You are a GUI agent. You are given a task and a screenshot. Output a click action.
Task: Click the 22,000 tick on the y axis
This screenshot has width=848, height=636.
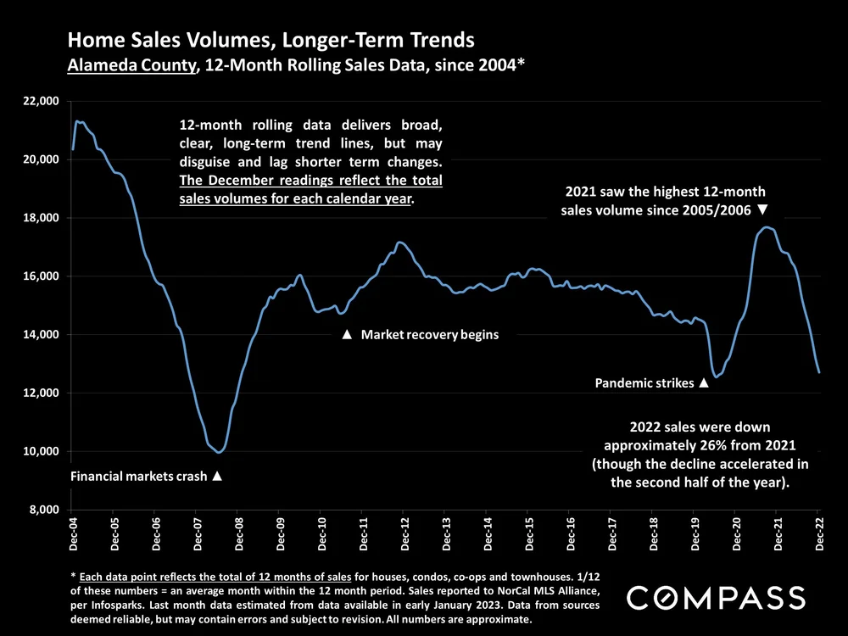[41, 101]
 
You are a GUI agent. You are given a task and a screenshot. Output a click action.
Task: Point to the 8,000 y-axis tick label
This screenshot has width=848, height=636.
[44, 510]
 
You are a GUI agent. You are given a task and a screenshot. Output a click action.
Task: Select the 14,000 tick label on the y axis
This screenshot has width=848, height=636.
[41, 335]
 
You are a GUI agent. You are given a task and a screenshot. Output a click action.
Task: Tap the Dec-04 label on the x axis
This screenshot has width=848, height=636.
[73, 533]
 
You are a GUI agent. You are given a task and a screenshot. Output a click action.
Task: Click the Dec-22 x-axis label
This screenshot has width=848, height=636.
[819, 533]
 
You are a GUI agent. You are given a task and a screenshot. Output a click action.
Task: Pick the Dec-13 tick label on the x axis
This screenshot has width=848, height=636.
[446, 533]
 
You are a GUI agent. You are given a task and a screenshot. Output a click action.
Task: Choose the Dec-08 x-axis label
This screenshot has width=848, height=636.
[239, 533]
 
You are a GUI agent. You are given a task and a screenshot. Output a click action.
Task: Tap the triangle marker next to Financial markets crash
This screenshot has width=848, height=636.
[217, 477]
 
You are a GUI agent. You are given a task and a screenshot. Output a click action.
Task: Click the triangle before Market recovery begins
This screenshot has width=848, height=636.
[346, 335]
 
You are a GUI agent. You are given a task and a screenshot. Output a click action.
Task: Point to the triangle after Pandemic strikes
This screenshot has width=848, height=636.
[703, 383]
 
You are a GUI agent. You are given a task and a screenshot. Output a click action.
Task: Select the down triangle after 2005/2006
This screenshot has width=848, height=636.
[762, 209]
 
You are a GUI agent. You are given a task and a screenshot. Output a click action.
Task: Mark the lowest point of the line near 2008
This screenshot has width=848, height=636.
[220, 453]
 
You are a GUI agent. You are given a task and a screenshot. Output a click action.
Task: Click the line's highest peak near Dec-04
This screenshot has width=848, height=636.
[78, 121]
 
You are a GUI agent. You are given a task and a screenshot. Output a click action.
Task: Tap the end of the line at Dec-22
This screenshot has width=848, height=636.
[819, 372]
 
